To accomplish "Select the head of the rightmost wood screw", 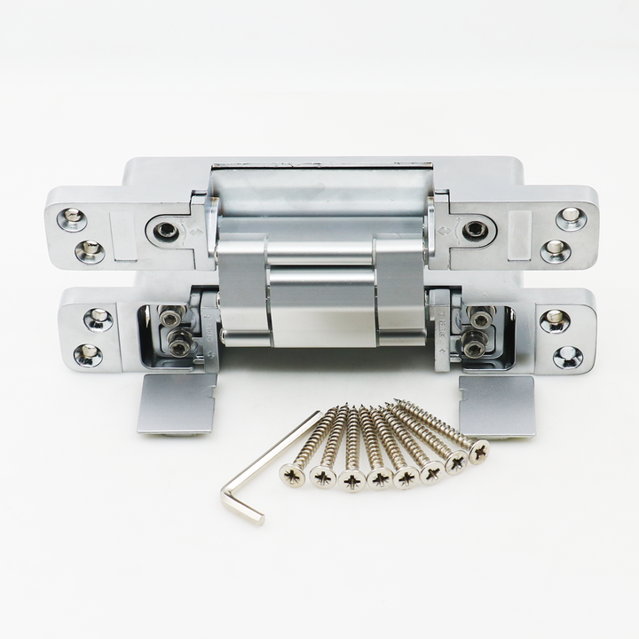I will (479, 451).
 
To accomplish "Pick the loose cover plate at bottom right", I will (496, 405).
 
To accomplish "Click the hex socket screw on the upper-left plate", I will (165, 232).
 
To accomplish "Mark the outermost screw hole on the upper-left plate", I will (72, 218).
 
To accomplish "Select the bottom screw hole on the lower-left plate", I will (88, 355).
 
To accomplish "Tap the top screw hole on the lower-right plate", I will (555, 320).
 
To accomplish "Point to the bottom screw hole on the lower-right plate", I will (567, 357).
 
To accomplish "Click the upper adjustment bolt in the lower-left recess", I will (171, 317).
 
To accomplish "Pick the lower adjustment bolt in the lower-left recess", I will (180, 345).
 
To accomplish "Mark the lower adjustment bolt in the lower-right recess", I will (473, 345).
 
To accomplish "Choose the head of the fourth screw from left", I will (380, 479).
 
